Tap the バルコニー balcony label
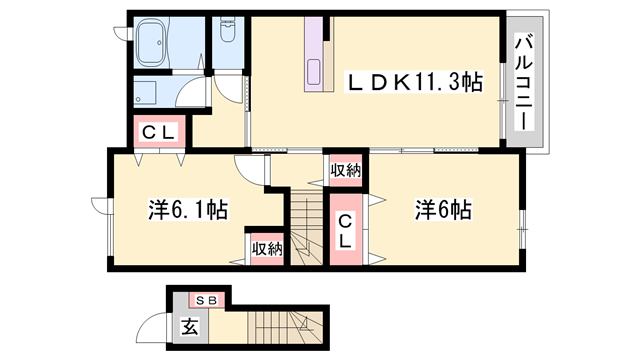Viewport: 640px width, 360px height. pos(524,83)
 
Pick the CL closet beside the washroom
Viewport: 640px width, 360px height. pos(157,130)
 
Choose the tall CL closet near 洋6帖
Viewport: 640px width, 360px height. pos(344,231)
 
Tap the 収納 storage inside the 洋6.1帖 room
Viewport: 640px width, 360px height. pos(266,248)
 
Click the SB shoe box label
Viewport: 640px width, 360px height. pos(206,299)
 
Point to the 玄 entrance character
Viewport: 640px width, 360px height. pos(189,325)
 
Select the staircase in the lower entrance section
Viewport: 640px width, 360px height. pos(285,325)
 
